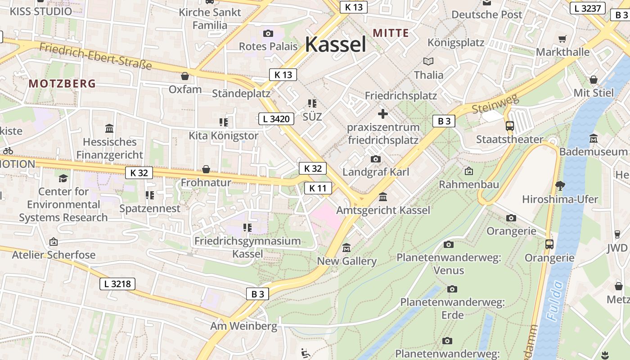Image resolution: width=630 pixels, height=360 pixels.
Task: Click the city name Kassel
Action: [x=335, y=45]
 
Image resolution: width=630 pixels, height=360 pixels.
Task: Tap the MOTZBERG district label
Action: [x=63, y=83]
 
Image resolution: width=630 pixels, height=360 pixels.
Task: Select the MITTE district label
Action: [x=391, y=33]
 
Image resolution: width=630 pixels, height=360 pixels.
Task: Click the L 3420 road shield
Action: [x=276, y=119]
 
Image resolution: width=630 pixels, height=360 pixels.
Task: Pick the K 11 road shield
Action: [x=318, y=188]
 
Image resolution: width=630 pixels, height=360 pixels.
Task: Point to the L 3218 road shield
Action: [x=117, y=283]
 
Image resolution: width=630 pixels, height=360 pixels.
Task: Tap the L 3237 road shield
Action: [x=588, y=8]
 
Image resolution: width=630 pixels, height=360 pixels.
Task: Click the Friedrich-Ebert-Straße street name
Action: [x=95, y=56]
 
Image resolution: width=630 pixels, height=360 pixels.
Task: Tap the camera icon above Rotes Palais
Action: [x=268, y=33]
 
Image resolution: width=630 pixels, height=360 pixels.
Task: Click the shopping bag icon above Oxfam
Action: [x=185, y=76]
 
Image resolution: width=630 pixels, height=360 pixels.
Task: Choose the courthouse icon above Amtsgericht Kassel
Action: [x=383, y=197]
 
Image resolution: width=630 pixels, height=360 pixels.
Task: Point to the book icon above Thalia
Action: [x=428, y=62]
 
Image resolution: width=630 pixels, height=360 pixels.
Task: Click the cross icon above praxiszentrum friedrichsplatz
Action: [x=383, y=114]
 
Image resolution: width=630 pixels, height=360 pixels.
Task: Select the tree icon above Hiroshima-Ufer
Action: [x=560, y=185]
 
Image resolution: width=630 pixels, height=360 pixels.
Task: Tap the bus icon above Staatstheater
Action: [x=510, y=126]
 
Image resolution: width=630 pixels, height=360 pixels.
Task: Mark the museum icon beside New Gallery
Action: [x=346, y=248]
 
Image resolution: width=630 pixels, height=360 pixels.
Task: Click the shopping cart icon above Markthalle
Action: [x=562, y=39]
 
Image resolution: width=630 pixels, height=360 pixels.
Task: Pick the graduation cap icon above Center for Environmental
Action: [x=63, y=178]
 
